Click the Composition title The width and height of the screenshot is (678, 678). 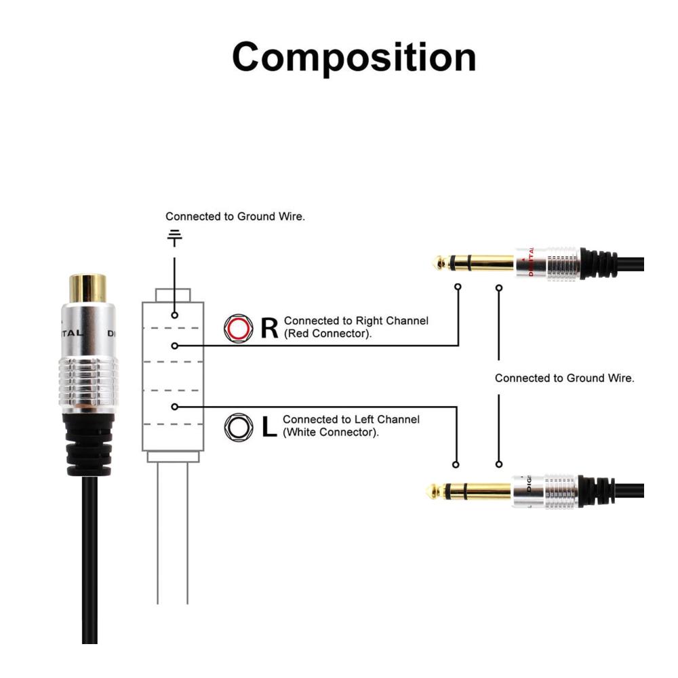tap(354, 57)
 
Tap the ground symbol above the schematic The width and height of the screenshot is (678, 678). tap(175, 237)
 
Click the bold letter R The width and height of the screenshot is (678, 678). tap(269, 328)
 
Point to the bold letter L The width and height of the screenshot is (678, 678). tap(269, 427)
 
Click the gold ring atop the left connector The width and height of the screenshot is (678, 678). tap(87, 288)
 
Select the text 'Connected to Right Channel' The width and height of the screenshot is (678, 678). tap(356, 321)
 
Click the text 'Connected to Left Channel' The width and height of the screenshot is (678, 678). tap(351, 420)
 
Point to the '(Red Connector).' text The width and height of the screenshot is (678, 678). tap(328, 334)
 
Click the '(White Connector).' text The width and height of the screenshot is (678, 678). tap(331, 432)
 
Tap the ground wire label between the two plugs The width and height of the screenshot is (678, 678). tap(564, 378)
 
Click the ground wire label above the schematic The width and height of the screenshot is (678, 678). tap(235, 217)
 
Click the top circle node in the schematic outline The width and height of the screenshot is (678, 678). tap(175, 315)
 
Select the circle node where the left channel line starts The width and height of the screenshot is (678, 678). tap(175, 407)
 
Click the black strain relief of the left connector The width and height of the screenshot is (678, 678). tap(87, 444)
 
